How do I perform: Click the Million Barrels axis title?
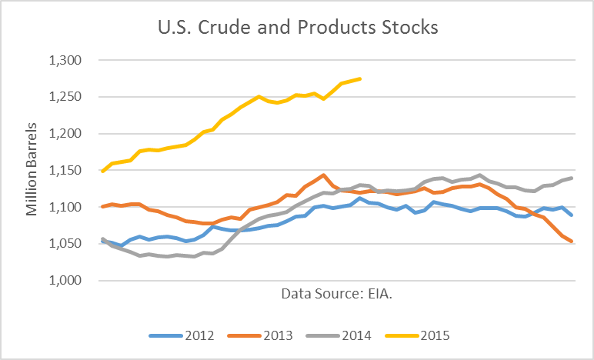click(32, 171)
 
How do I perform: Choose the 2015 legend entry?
click(421, 335)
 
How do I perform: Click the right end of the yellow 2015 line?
click(360, 78)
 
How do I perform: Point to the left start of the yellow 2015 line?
click(103, 171)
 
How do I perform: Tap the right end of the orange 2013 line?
click(572, 242)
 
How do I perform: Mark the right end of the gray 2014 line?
click(572, 178)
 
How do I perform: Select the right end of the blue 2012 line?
click(572, 215)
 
